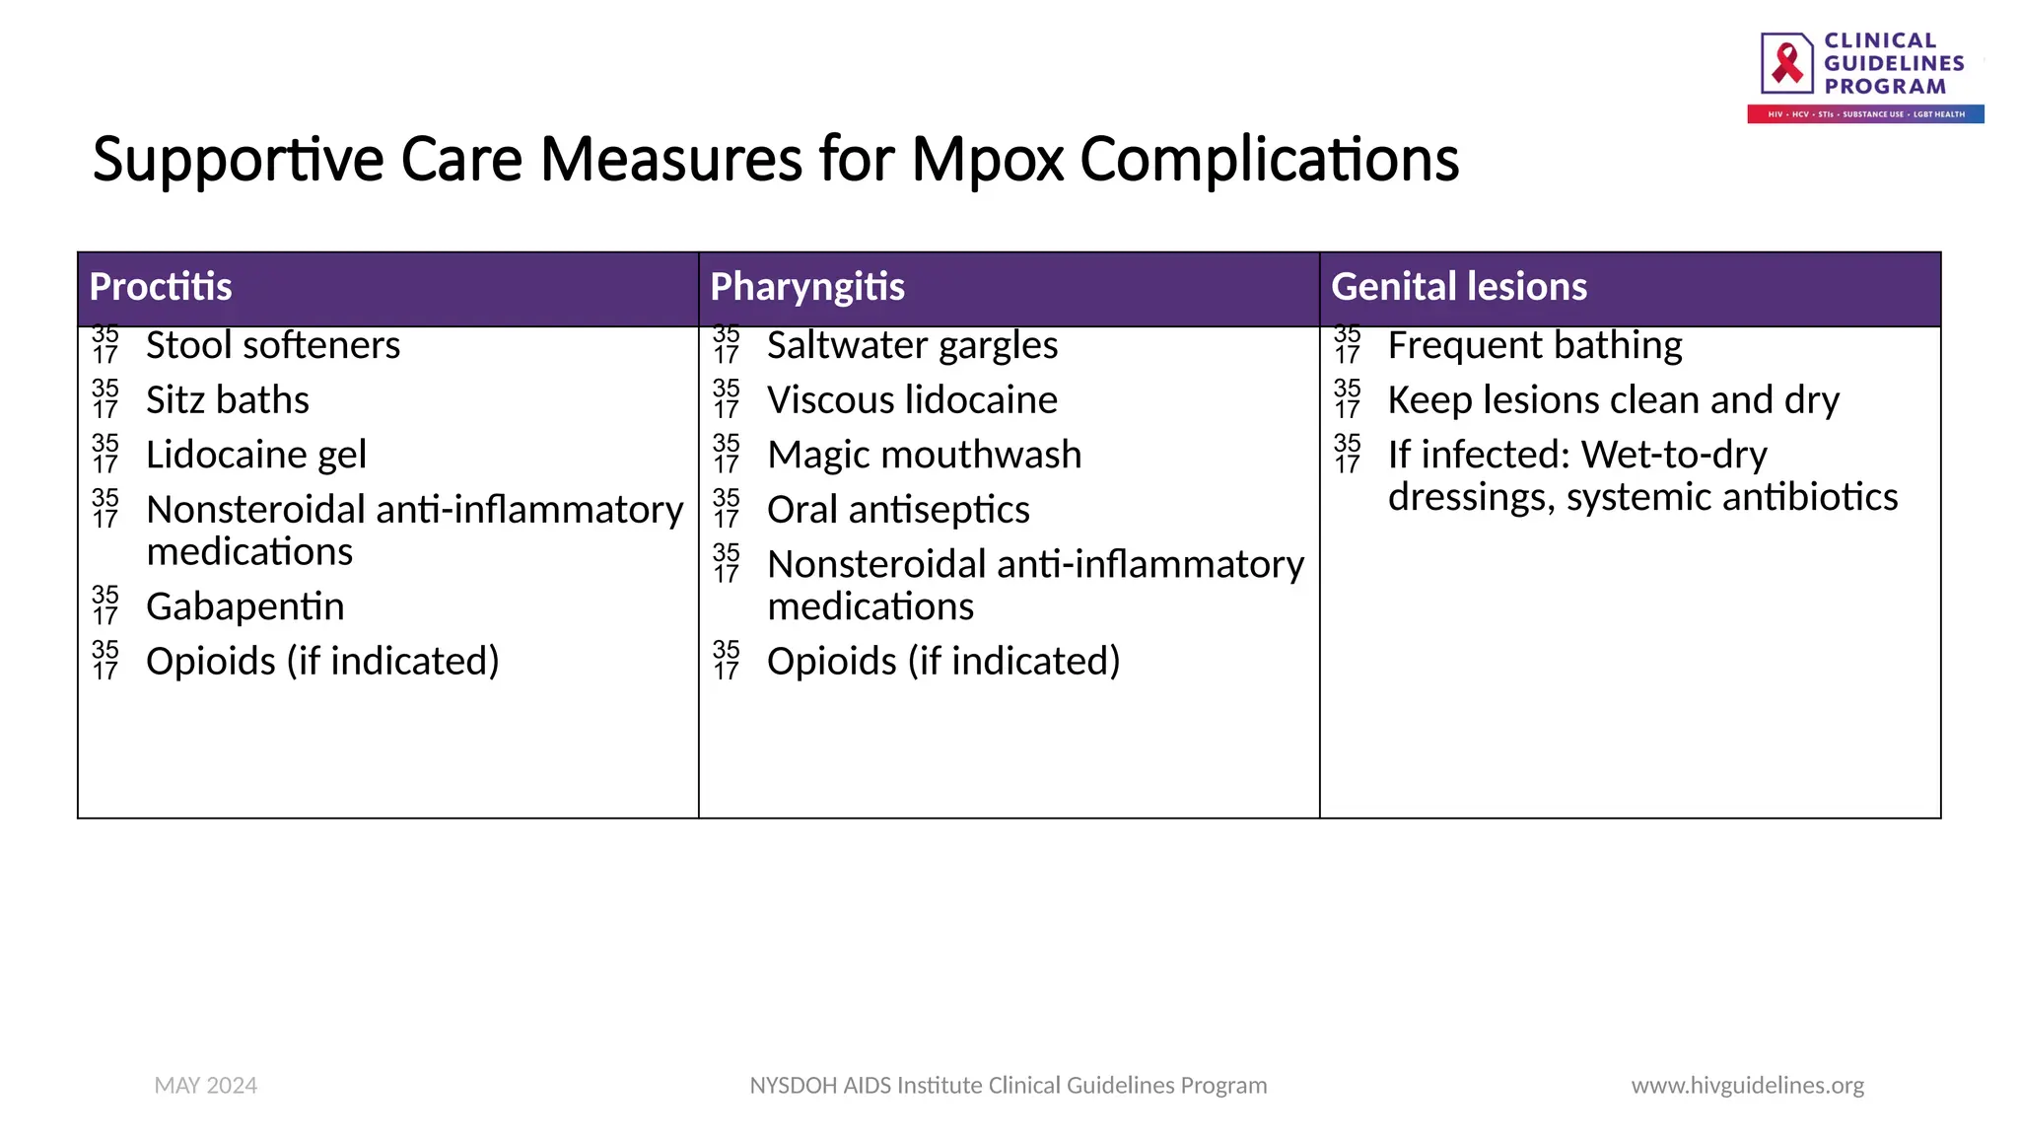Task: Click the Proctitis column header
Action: (161, 287)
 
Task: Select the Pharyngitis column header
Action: (806, 287)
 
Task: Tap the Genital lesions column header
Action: (1458, 287)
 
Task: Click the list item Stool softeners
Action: (273, 346)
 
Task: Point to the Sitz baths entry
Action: (228, 400)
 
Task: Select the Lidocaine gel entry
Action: (256, 456)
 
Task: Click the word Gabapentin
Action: (245, 607)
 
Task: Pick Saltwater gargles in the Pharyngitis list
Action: (912, 346)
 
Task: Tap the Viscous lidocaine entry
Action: (912, 400)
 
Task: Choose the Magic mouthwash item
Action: (924, 456)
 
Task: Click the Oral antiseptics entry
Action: (898, 511)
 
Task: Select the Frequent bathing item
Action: (1535, 346)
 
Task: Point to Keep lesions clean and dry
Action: (1614, 400)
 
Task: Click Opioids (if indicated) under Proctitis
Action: (322, 662)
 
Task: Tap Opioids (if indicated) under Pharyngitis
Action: (943, 662)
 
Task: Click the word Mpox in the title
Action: (988, 160)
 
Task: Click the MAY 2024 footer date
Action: (206, 1086)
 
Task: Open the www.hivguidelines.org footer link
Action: (1747, 1086)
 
